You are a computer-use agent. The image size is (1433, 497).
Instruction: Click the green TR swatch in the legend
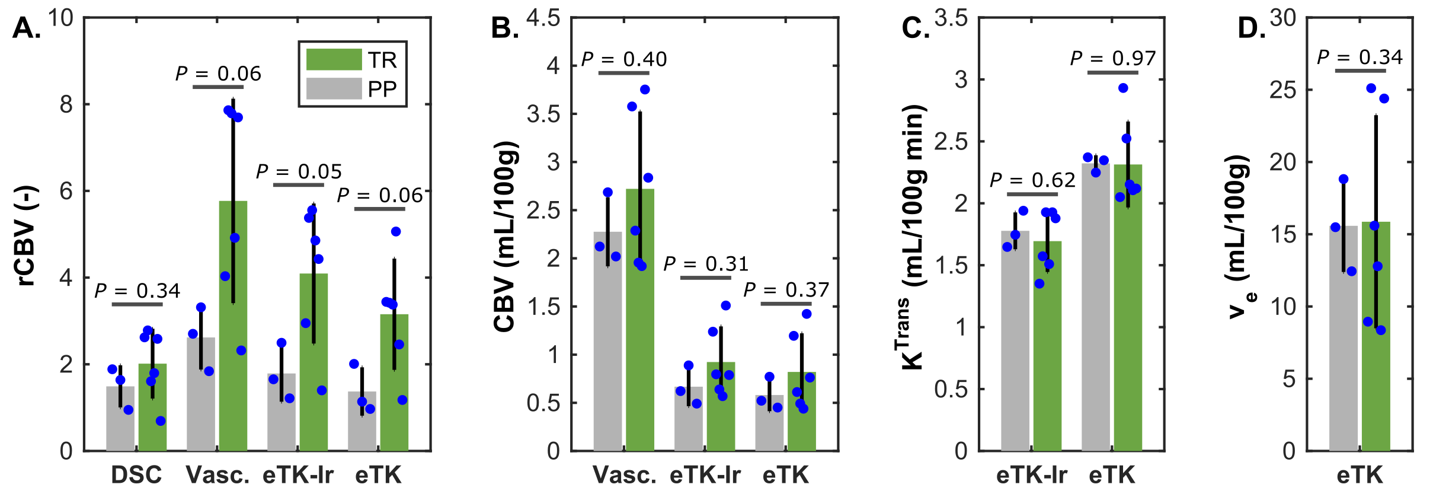[x=334, y=59]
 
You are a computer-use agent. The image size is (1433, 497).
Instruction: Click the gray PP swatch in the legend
[x=334, y=88]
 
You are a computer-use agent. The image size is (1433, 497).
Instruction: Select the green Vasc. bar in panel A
[x=233, y=356]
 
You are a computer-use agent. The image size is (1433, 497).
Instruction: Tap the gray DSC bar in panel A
[x=120, y=421]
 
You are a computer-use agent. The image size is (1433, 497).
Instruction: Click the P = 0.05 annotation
[x=299, y=172]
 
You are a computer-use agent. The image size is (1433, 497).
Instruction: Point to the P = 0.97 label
[x=1113, y=59]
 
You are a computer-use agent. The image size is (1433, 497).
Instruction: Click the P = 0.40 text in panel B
[x=624, y=59]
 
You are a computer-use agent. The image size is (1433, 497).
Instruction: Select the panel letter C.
[x=915, y=28]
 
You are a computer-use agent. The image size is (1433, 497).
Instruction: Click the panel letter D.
[x=1251, y=28]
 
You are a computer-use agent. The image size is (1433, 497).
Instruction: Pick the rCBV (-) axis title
[x=27, y=236]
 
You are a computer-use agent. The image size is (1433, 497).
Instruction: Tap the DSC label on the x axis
[x=136, y=475]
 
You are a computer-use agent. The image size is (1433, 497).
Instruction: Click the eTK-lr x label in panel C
[x=1032, y=475]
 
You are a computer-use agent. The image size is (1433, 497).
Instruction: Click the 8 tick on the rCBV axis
[x=66, y=105]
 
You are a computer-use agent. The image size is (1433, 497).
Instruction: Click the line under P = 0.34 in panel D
[x=1360, y=71]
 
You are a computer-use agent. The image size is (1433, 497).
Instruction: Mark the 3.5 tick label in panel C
[x=951, y=18]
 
